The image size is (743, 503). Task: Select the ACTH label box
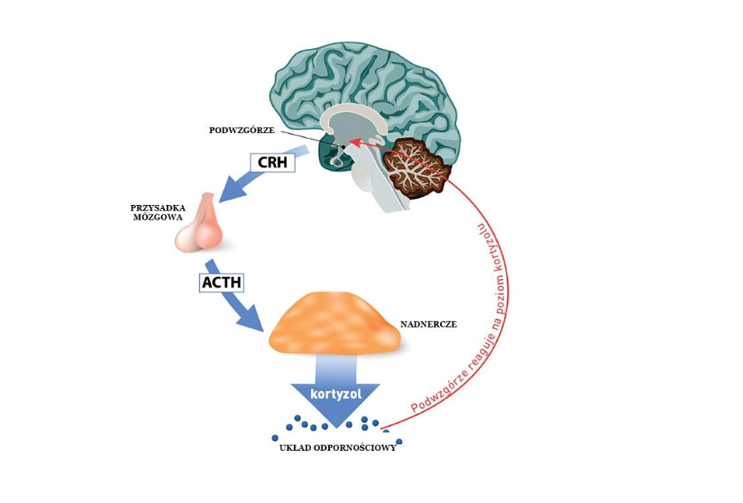(222, 283)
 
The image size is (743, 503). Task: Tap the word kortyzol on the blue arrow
(336, 394)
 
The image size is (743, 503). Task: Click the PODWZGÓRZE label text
(241, 130)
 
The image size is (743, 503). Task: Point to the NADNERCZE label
(429, 324)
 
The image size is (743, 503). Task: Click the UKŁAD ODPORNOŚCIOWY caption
(338, 447)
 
